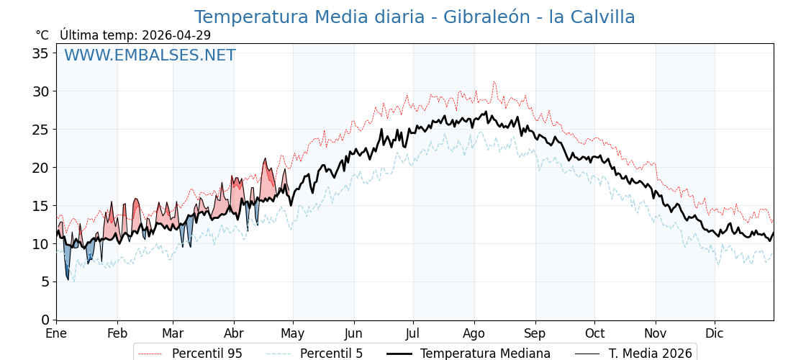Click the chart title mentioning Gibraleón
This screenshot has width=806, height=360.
tap(415, 17)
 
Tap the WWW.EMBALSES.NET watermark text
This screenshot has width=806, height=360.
tap(150, 55)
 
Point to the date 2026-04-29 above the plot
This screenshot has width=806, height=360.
tap(176, 35)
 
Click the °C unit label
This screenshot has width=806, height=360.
tap(42, 35)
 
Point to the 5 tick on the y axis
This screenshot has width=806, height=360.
tap(45, 282)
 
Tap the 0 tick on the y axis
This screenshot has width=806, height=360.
tap(45, 320)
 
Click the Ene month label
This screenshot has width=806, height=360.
tap(56, 333)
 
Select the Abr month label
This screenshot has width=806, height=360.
tap(234, 333)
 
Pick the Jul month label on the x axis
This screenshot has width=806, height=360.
tap(413, 333)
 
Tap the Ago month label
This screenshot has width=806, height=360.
tap(474, 333)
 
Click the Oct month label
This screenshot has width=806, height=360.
tap(595, 333)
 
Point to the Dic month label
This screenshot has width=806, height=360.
tap(715, 333)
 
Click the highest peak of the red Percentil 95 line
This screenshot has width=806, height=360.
tap(494, 82)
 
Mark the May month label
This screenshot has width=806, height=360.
tap(293, 333)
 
